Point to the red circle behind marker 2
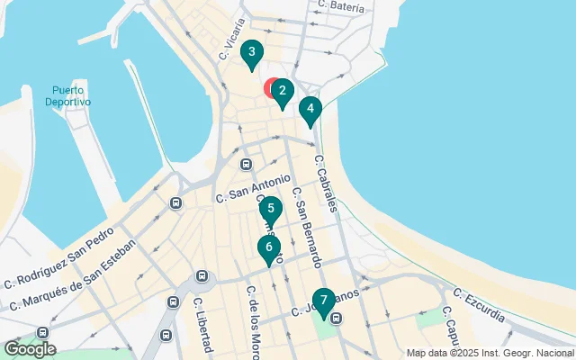[x=272, y=88]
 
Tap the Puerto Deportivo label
[x=69, y=96]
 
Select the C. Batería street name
[x=342, y=7]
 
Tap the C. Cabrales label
[x=326, y=184]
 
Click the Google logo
[x=30, y=349]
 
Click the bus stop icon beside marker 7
[x=337, y=318]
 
